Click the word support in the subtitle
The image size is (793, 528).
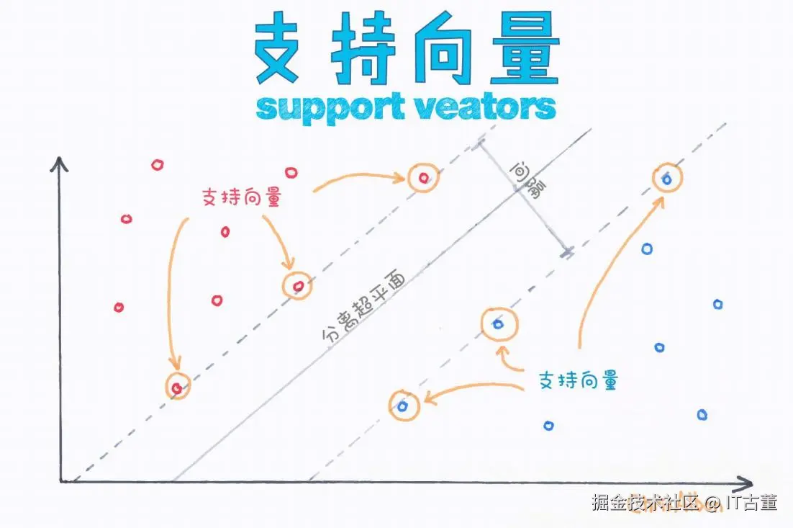pos(322,108)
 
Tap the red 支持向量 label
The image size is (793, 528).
pos(240,197)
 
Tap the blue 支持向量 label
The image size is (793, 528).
pos(578,380)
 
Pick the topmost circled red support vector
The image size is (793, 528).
pos(422,177)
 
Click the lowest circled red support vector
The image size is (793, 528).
pos(177,387)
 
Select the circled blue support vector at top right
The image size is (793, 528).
pos(666,178)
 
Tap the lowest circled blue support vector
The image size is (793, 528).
pos(403,406)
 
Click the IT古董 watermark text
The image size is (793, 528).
pos(753,502)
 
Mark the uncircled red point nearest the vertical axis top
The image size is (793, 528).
pos(158,165)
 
